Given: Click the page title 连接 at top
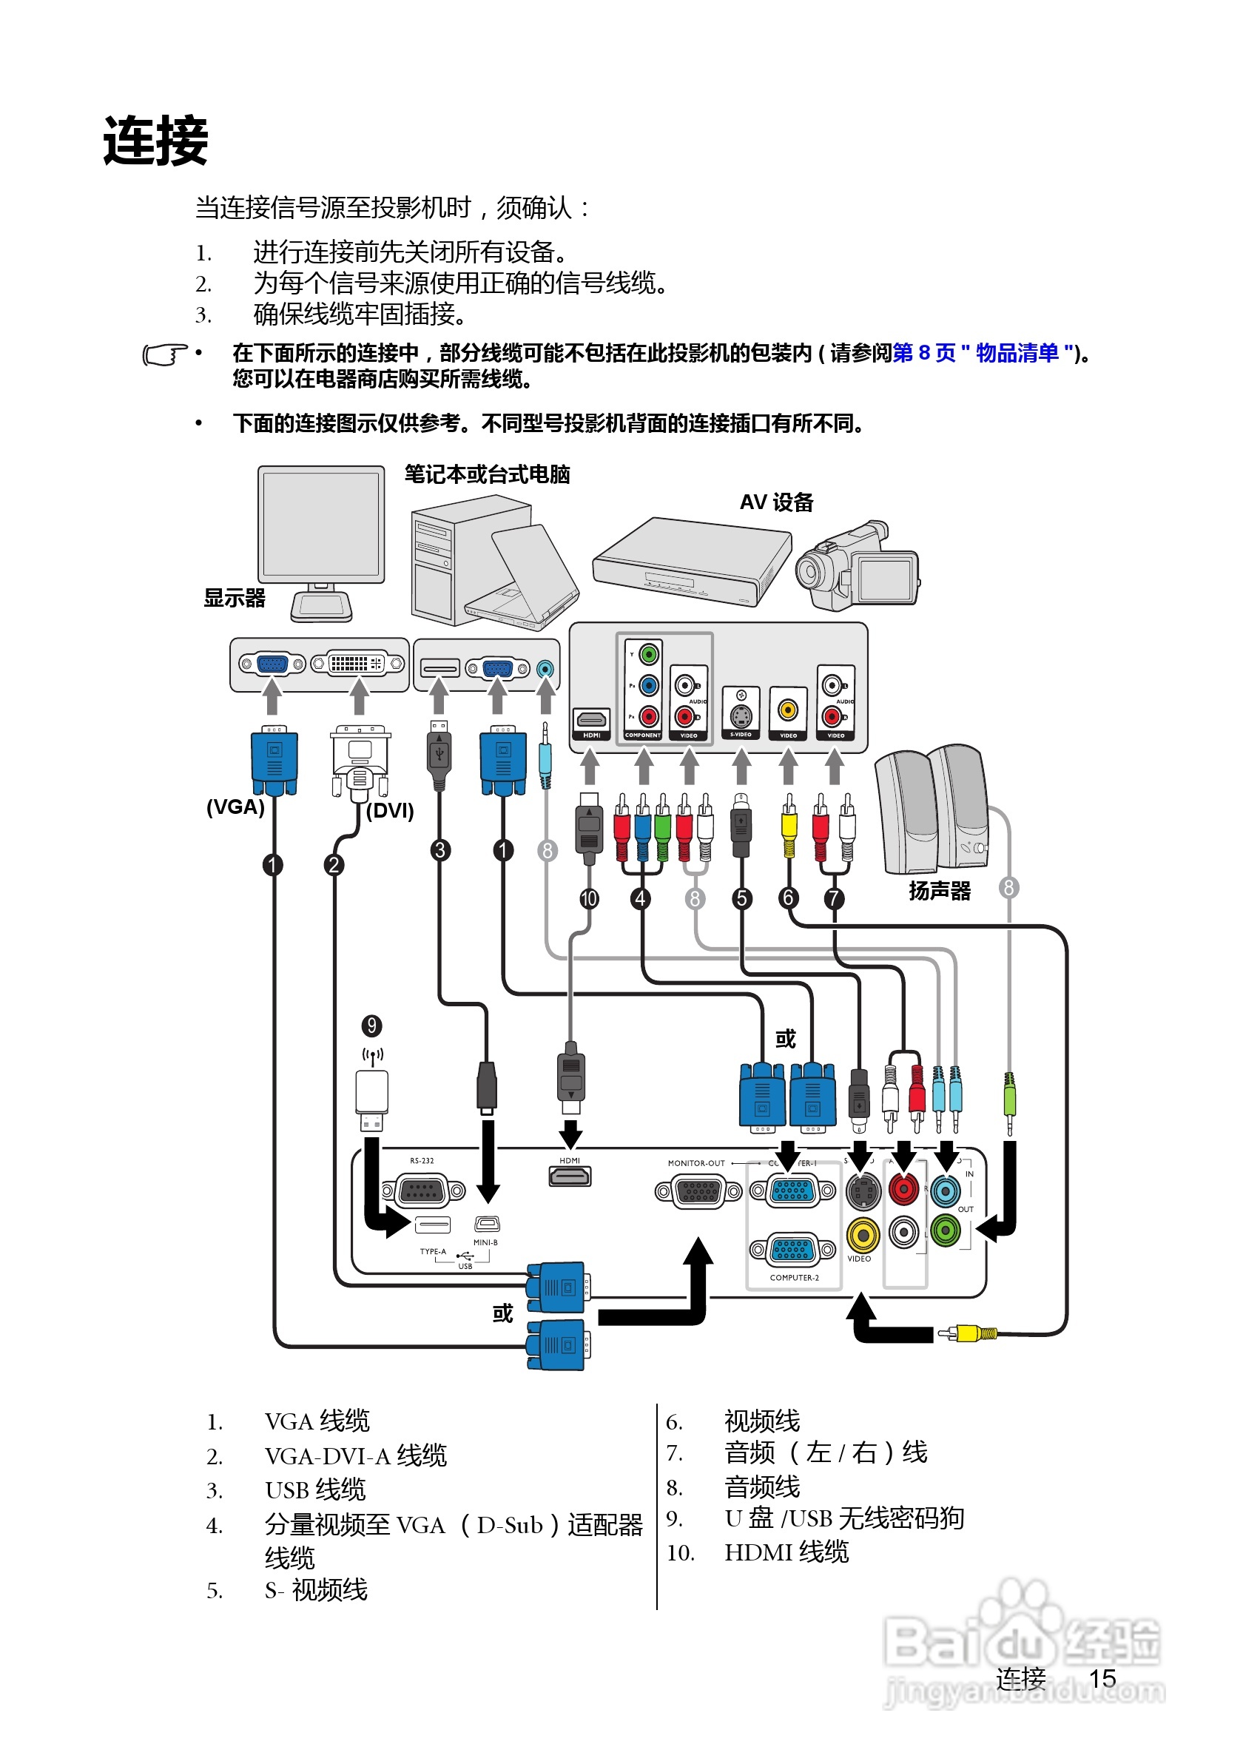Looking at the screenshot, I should [x=155, y=141].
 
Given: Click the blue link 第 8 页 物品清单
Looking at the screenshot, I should [x=983, y=353].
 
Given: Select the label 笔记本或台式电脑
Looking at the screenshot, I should [x=487, y=475].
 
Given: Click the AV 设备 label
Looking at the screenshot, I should [x=776, y=502].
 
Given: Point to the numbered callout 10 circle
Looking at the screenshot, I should [x=589, y=898].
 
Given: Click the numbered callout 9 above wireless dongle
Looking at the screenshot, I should [x=372, y=1026].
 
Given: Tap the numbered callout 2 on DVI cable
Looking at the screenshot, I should [x=334, y=865].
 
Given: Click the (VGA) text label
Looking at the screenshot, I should [x=235, y=807].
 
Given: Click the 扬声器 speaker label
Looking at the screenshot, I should [x=940, y=890].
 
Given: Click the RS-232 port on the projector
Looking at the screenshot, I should [x=423, y=1191].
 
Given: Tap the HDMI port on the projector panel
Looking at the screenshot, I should [x=570, y=1176].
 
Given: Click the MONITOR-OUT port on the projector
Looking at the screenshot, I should [x=698, y=1191].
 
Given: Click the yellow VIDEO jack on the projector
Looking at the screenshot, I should [x=862, y=1235].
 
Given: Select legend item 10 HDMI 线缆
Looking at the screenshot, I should [x=786, y=1552].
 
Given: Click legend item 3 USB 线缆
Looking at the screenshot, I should [x=315, y=1489].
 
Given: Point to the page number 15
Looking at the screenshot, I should [x=1102, y=1678].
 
